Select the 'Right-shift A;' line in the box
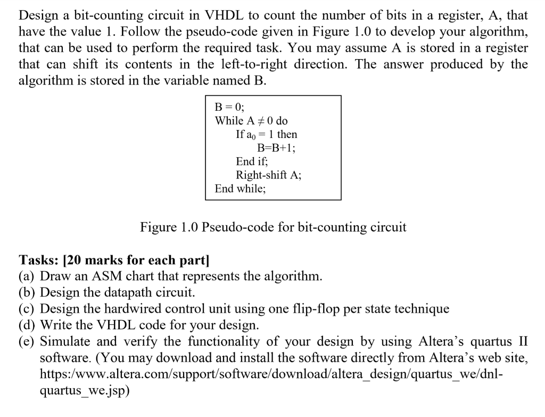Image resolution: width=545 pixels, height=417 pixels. tap(268, 175)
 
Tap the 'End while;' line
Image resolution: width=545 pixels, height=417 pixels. tap(240, 189)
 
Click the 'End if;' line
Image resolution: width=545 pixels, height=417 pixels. tap(252, 161)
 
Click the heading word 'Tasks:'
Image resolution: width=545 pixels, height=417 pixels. tap(38, 260)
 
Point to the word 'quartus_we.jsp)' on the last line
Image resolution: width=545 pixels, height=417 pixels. tap(85, 390)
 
